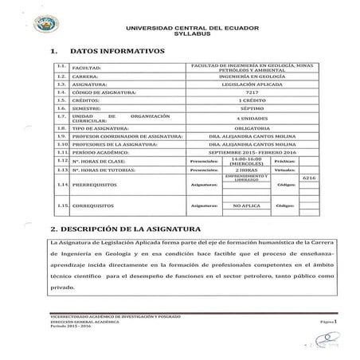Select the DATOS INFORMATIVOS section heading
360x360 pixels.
pos(117,50)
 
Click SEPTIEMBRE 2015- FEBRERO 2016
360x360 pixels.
pos(252,152)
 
